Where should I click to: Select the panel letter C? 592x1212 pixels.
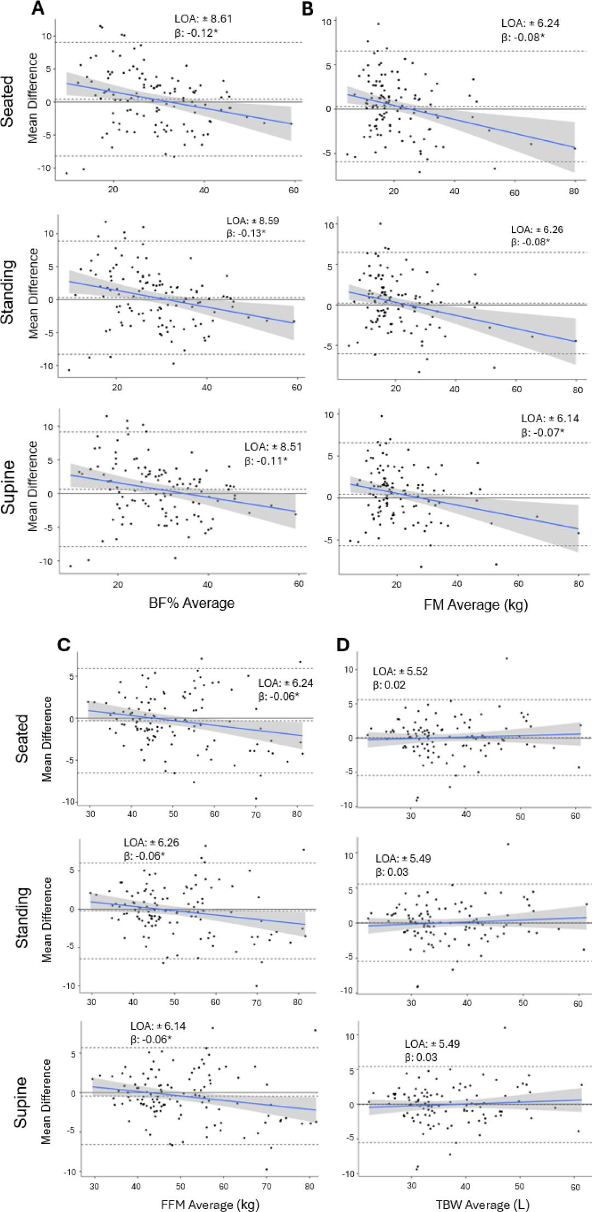64,645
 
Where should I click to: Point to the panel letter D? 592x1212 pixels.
343,645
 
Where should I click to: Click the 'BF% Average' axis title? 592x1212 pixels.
192,603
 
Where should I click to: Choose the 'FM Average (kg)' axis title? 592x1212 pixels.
476,605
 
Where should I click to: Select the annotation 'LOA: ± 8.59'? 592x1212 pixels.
252,221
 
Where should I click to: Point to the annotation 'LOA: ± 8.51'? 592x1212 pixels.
273,447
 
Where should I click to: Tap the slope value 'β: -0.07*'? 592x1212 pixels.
542,433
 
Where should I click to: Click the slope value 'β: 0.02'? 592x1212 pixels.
389,685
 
